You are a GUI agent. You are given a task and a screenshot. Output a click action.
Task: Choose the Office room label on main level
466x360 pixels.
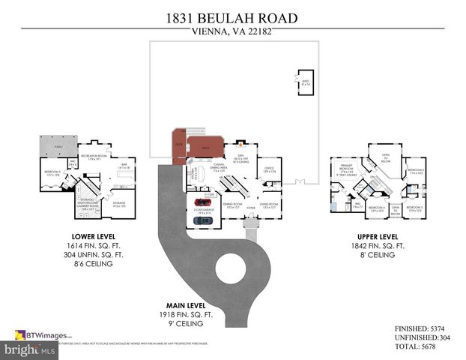[267, 171]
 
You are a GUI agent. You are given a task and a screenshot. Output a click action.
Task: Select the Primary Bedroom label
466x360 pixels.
[345, 169]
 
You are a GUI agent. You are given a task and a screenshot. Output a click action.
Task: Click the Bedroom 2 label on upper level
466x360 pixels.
[416, 172]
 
